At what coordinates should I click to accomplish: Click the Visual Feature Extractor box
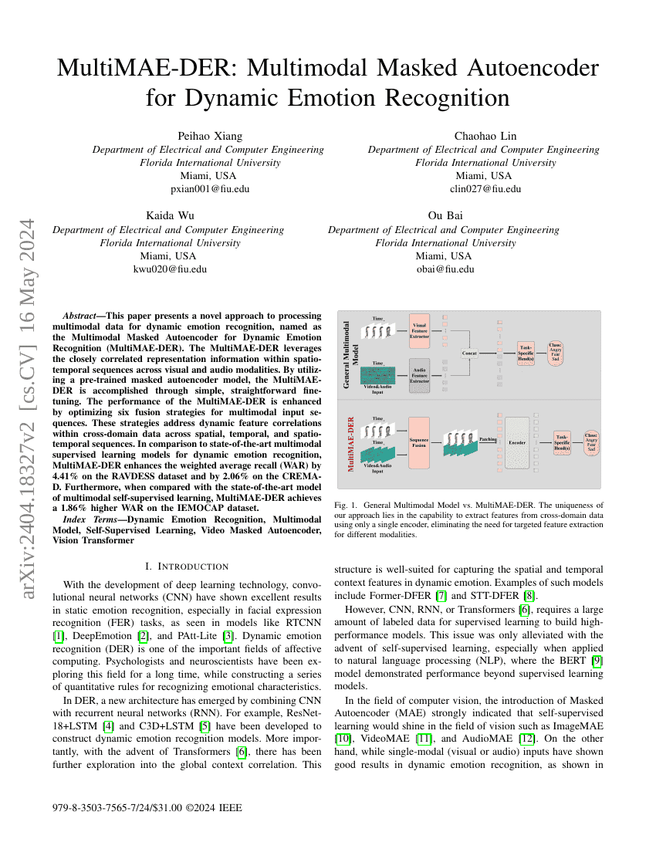419,330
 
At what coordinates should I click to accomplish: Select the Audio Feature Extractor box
419,370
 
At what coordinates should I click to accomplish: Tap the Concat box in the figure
469,353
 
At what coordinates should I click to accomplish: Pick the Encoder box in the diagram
516,443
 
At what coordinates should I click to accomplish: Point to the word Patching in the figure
488,438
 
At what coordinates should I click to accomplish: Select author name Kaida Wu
167,216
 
